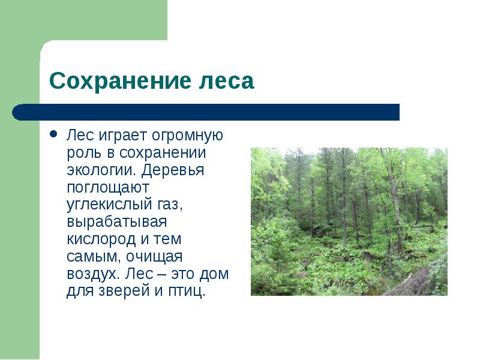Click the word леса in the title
227,81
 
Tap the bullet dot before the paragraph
53,134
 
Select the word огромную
187,136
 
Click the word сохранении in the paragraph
163,153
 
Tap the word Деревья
173,170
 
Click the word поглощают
108,188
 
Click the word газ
170,205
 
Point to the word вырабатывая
117,222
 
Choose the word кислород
101,239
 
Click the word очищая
155,257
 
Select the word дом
214,274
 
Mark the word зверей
124,291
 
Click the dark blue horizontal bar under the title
206,112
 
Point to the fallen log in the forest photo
407,281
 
